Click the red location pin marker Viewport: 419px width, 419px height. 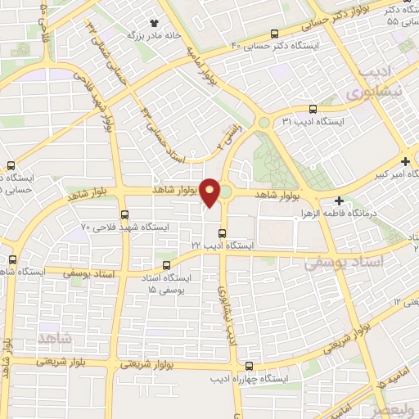pyautogui.click(x=209, y=191)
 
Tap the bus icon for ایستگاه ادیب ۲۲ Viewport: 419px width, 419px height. pyautogui.click(x=221, y=233)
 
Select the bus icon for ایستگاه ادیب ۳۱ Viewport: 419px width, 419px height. pyautogui.click(x=313, y=109)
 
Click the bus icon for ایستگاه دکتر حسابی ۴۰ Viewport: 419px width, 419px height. pyautogui.click(x=274, y=34)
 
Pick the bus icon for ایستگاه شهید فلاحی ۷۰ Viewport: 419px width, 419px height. pyautogui.click(x=124, y=214)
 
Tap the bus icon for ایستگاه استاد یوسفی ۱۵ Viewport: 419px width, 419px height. pyautogui.click(x=167, y=265)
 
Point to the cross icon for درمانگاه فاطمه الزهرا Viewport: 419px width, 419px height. pyautogui.click(x=339, y=200)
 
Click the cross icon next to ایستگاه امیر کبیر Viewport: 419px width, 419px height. pyautogui.click(x=405, y=161)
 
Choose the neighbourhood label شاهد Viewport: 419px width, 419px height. pyautogui.click(x=55, y=336)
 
